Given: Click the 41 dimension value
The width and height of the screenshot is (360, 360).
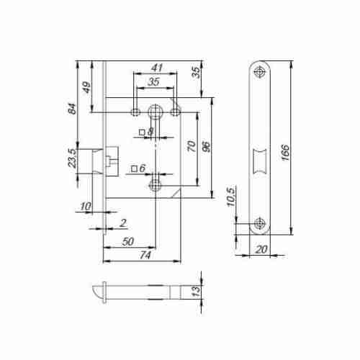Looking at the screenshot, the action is (157, 68).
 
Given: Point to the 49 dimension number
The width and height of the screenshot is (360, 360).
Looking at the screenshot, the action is (86, 87).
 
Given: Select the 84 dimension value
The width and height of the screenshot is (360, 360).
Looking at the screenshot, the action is (72, 109).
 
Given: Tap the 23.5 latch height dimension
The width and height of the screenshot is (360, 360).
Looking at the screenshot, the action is (72, 158).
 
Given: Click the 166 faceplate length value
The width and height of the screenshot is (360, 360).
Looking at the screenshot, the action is (285, 153).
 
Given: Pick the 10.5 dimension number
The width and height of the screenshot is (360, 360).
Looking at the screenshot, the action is (231, 197).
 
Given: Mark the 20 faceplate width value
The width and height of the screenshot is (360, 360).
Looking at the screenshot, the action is (261, 250).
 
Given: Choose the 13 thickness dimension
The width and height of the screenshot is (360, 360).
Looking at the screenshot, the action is (196, 291).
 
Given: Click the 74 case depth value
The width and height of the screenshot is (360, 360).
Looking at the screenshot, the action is (145, 255).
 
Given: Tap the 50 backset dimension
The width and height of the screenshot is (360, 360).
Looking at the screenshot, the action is (127, 241).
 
